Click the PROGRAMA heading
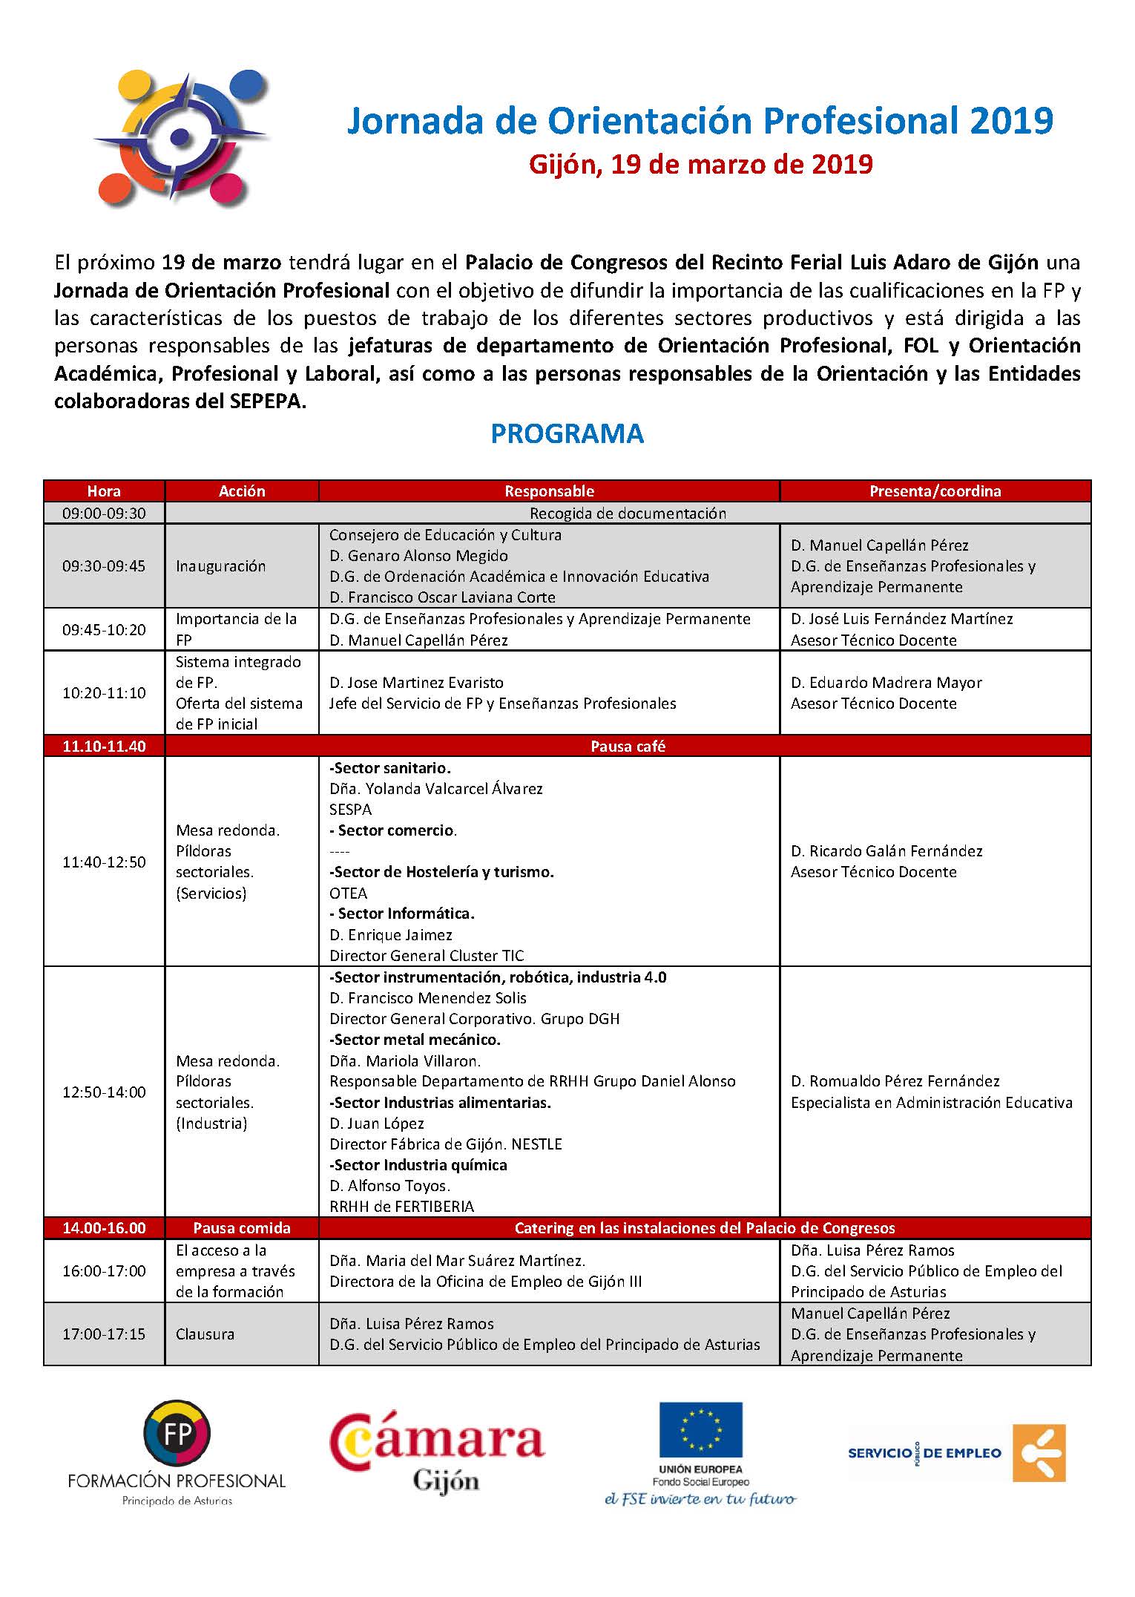tap(567, 434)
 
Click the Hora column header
tap(104, 491)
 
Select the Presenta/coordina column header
tap(935, 491)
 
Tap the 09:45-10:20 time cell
tap(104, 630)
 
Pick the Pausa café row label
tap(628, 747)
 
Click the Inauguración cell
tap(220, 566)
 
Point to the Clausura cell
tap(205, 1334)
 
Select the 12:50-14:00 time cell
tap(104, 1092)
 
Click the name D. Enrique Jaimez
tap(390, 935)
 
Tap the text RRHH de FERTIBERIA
tap(401, 1207)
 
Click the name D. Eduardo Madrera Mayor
tap(886, 683)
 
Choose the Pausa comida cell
tap(242, 1228)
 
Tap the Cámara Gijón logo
tap(437, 1452)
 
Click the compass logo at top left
tap(180, 137)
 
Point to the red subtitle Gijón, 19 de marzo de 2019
tap(700, 164)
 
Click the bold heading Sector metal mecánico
tap(415, 1040)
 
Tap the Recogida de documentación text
tap(628, 514)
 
